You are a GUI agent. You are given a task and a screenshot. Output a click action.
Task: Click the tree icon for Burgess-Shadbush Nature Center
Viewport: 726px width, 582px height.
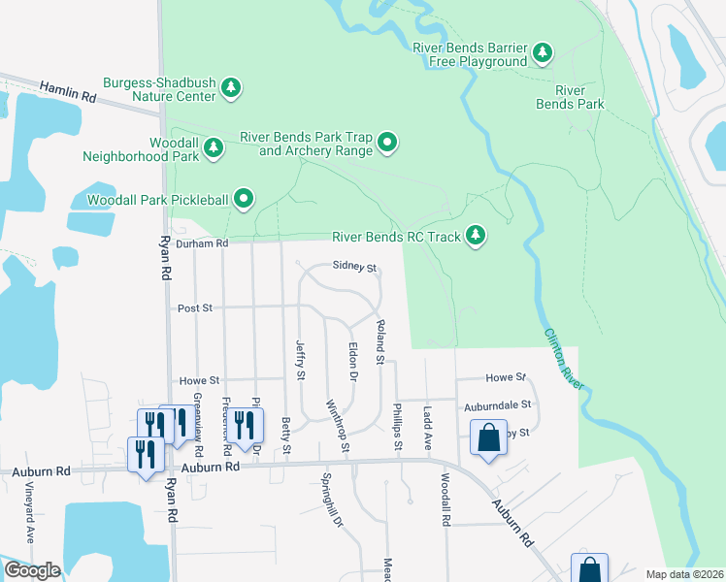[231, 88]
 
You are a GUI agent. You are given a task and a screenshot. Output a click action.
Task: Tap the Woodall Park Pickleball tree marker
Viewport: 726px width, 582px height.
[245, 200]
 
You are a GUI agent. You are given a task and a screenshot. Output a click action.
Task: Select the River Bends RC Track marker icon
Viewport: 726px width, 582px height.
[476, 235]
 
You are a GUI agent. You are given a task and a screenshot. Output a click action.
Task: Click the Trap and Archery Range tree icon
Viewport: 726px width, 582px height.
[387, 144]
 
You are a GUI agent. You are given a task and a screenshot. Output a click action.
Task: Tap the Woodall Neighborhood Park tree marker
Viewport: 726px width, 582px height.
[214, 147]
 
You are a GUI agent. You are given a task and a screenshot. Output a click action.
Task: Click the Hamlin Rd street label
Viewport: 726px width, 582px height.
[68, 92]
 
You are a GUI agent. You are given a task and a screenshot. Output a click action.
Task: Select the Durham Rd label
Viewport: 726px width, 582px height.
[201, 243]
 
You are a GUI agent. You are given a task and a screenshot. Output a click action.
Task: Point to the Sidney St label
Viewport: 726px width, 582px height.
[353, 266]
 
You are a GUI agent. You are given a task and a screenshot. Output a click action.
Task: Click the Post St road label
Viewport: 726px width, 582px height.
[195, 308]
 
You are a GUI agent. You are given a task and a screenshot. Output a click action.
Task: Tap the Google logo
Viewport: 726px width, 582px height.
[32, 570]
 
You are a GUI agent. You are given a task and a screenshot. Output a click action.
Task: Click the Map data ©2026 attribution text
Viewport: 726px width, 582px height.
[683, 574]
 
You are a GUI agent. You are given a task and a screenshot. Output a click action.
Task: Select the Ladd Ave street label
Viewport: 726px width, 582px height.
[426, 429]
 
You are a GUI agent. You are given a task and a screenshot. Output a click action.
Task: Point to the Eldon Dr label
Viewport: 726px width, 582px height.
[353, 359]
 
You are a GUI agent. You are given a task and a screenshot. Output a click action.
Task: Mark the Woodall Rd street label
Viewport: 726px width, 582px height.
[445, 501]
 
